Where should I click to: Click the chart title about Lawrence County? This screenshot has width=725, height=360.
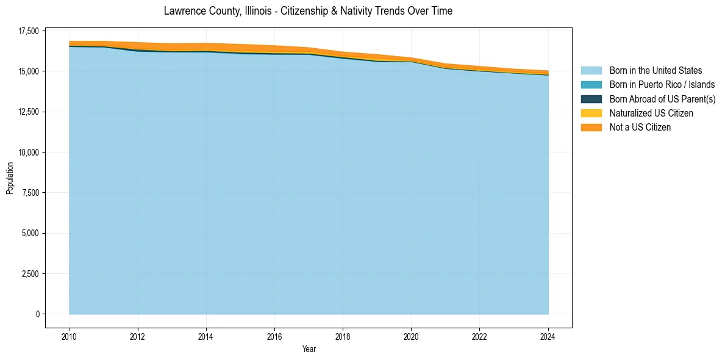click(x=308, y=11)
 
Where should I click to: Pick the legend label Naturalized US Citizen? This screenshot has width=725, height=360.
click(x=651, y=113)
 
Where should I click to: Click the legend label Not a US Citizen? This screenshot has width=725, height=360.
click(x=640, y=128)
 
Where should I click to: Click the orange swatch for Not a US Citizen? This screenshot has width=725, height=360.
click(x=591, y=128)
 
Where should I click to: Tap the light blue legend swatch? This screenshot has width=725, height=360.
click(x=591, y=71)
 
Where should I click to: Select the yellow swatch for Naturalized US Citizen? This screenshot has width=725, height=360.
click(x=591, y=113)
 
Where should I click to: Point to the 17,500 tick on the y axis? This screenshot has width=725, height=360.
click(x=27, y=31)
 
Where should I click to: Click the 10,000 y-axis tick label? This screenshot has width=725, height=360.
click(x=27, y=153)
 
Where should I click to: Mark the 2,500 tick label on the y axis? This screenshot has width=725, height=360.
click(x=29, y=274)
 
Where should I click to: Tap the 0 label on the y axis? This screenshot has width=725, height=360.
click(x=37, y=314)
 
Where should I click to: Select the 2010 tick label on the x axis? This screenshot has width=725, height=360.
click(x=70, y=336)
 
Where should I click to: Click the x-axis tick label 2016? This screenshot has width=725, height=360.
click(x=274, y=336)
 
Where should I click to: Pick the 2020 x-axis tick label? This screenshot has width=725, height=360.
click(x=411, y=336)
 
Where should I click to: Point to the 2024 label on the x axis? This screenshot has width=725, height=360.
click(x=548, y=336)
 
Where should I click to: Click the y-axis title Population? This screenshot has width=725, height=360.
click(x=10, y=178)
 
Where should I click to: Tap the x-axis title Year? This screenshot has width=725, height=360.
click(x=309, y=349)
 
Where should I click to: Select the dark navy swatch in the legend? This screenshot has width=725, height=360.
click(x=591, y=99)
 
